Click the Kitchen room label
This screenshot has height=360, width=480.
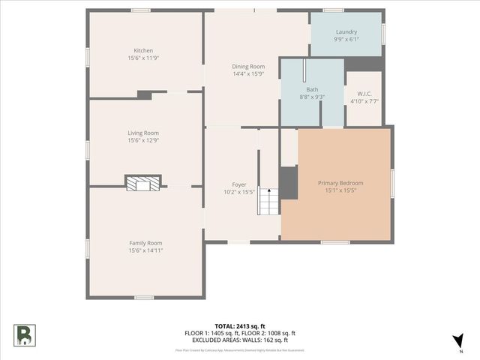(143, 51)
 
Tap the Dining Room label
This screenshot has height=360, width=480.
(247, 67)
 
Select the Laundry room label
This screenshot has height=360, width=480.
(346, 32)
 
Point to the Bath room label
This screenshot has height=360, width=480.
(312, 89)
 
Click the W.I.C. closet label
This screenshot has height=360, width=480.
(363, 93)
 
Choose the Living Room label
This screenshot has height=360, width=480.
(143, 133)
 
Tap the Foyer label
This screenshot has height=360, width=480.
(238, 184)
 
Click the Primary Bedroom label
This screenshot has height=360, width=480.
(340, 183)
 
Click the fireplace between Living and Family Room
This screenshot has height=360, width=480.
(142, 184)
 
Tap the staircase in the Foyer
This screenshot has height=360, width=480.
(268, 202)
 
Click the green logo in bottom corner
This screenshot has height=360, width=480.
(23, 334)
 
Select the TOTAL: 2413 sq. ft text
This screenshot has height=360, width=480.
(240, 326)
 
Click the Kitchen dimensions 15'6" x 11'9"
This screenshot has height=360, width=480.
(143, 58)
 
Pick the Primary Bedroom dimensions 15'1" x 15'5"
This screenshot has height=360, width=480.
(340, 190)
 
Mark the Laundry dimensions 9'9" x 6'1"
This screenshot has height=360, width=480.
(346, 40)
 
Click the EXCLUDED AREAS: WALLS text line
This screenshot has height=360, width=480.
(240, 340)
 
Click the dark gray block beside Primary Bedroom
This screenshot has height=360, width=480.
(289, 182)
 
